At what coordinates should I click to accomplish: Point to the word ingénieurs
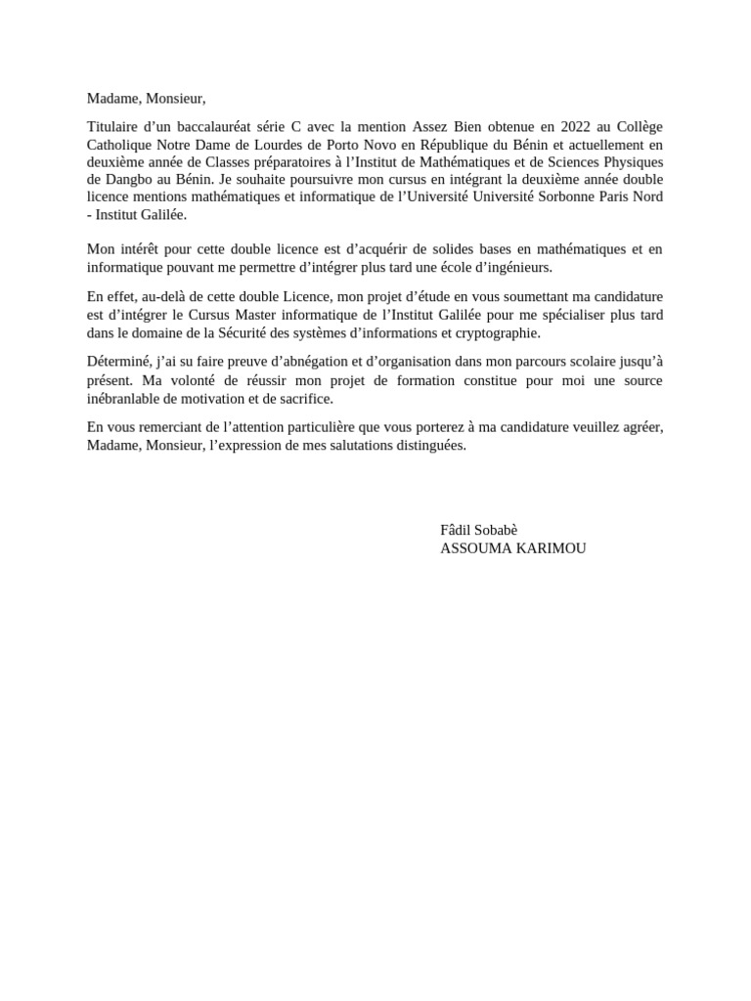(x=518, y=267)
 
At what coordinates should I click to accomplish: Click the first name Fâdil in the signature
(x=458, y=530)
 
